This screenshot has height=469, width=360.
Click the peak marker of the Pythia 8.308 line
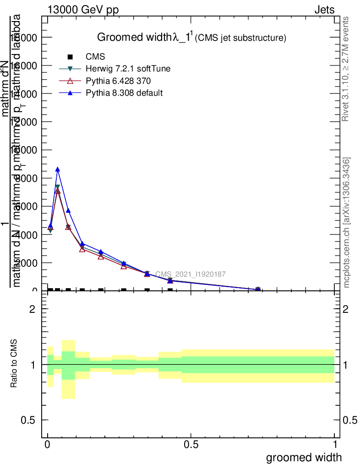click(x=58, y=169)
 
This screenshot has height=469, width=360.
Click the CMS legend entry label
click(x=95, y=57)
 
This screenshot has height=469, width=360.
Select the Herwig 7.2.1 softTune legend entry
click(x=128, y=69)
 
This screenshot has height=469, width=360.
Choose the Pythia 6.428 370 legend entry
click(x=118, y=81)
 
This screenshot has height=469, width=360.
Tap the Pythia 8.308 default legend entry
click(x=124, y=93)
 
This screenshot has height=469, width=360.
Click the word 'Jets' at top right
click(x=324, y=10)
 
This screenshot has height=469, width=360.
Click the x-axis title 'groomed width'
click(x=304, y=457)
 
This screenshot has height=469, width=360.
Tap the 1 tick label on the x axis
click(x=335, y=444)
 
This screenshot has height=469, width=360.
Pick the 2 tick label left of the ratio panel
click(x=32, y=309)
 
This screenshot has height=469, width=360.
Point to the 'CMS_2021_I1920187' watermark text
click(x=190, y=274)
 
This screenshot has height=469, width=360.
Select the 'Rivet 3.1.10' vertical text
click(x=346, y=69)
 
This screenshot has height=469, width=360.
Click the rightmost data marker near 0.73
click(x=258, y=289)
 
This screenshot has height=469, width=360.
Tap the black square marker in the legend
click(x=70, y=57)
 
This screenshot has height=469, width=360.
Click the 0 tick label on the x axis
click(x=48, y=444)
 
